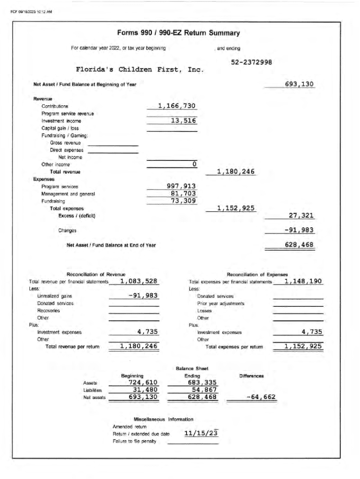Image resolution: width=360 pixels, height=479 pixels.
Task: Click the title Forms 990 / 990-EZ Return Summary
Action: [x=179, y=33]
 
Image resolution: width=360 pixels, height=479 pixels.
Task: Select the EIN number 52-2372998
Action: [x=252, y=62]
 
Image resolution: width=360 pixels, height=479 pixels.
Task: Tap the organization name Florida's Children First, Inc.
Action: [x=140, y=70]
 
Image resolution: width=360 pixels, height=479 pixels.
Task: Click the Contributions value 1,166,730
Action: [x=176, y=106]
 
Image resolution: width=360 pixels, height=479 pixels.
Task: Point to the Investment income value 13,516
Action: [x=183, y=121]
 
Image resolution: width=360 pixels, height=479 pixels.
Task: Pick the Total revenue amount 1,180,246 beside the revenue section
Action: [x=236, y=172]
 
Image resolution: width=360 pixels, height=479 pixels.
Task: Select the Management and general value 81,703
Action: [x=183, y=194]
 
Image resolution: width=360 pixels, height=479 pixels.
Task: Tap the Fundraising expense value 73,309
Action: [x=183, y=201]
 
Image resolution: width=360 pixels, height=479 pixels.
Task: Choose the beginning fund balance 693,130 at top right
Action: [x=299, y=85]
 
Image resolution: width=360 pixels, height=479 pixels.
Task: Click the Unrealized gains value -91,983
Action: [x=143, y=296]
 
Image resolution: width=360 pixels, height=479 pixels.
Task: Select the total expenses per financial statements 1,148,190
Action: [x=303, y=281]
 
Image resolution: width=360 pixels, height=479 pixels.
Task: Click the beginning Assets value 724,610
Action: [x=143, y=383]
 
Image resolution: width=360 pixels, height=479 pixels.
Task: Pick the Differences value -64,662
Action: [x=260, y=398]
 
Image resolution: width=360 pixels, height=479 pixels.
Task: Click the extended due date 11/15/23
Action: [x=201, y=433]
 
